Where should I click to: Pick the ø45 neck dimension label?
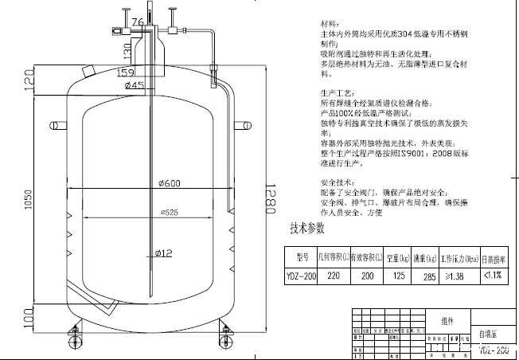click(135, 85)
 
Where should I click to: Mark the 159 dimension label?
click(125, 73)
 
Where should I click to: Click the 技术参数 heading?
click(306, 229)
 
